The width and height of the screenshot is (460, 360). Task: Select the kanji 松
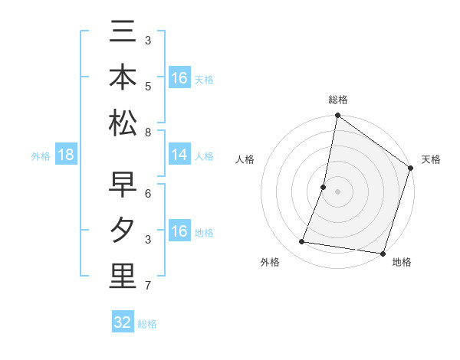[123, 123]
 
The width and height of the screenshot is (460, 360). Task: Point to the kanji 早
[123, 185]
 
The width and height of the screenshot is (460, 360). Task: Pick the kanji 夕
[123, 231]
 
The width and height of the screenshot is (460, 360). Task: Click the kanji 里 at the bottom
[123, 277]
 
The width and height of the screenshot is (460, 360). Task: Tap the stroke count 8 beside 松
[148, 133]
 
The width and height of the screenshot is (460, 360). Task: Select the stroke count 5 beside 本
[148, 87]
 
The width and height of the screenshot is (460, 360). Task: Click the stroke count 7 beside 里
[148, 286]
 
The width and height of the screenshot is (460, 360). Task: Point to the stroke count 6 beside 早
[148, 195]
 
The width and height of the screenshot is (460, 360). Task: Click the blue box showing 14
[179, 155]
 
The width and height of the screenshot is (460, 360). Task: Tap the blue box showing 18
[66, 155]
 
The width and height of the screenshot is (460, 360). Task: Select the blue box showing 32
[123, 322]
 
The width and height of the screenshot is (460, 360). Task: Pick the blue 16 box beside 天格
[179, 78]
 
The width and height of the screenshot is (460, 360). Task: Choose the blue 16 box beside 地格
[179, 231]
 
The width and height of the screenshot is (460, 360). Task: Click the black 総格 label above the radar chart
[337, 100]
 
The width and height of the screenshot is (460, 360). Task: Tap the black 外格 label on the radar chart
[270, 263]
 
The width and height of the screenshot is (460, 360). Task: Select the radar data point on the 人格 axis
[324, 187]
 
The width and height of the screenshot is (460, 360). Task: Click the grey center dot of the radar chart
[337, 191]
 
